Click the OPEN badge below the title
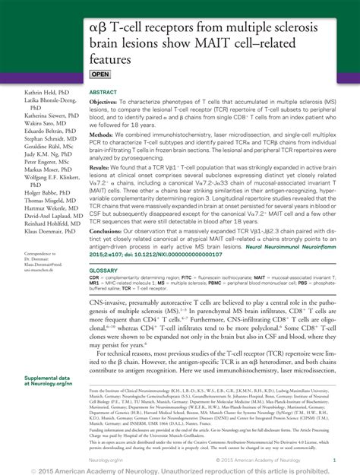pos(101,74)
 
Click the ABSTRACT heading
pos(103,91)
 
